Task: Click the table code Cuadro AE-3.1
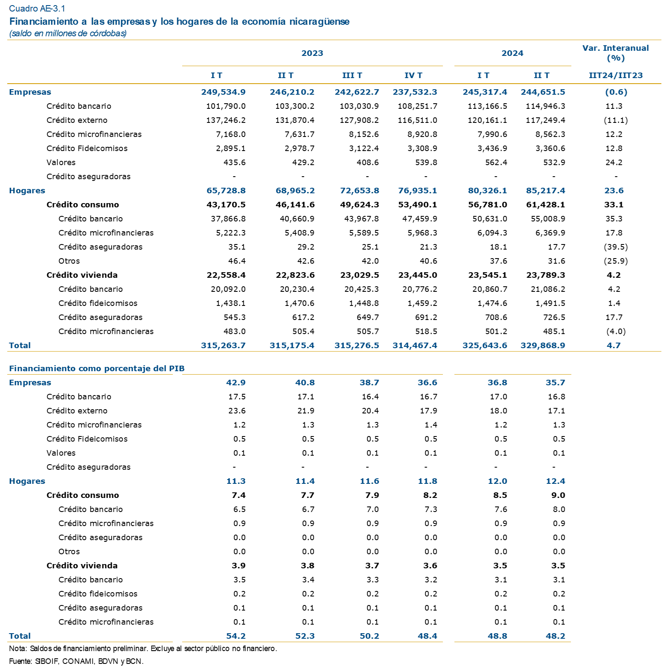[x=37, y=9]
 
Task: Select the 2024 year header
[x=512, y=53]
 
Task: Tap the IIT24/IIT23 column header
[x=616, y=76]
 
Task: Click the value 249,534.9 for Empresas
[x=224, y=92]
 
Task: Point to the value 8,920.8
[x=419, y=134]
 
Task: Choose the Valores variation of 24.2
[x=614, y=163]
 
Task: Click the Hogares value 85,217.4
[x=546, y=191]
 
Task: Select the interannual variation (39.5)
[x=616, y=247]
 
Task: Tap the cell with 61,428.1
[x=546, y=205]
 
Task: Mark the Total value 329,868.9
[x=543, y=346]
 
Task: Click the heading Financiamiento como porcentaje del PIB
[x=97, y=369]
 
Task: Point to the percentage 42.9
[x=236, y=383]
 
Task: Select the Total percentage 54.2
[x=236, y=636]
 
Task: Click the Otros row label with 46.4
[x=69, y=261]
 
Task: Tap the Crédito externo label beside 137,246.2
[x=77, y=120]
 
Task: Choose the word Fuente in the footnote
[x=20, y=661]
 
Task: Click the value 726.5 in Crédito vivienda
[x=554, y=317]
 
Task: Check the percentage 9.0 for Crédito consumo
[x=558, y=495]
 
